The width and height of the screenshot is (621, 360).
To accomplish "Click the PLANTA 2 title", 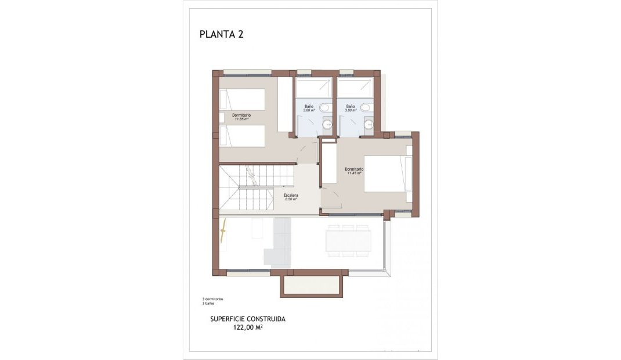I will (x=221, y=34).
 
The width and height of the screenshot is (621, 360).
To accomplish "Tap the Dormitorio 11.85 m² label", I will (x=241, y=117).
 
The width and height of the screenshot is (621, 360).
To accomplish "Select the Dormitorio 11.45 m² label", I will (x=354, y=171).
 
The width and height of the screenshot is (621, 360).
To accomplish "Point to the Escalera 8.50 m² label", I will (x=291, y=197).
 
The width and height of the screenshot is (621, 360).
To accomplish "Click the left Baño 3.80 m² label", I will (x=309, y=108).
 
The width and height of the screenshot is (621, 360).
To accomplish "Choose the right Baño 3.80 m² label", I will (x=350, y=108).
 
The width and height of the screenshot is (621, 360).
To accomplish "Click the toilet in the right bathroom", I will (x=366, y=107).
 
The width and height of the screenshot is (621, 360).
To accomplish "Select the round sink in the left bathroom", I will (x=327, y=123).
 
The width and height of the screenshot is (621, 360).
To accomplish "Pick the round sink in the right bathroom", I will (x=368, y=123).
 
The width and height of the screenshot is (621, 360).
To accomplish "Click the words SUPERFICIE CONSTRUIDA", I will (x=248, y=319).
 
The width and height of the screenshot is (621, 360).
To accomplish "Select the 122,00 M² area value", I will (x=248, y=327).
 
